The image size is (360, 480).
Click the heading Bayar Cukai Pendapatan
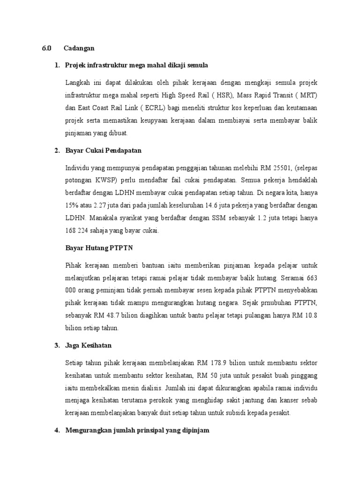click(x=103, y=150)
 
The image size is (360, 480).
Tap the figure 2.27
click(x=99, y=205)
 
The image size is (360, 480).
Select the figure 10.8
click(x=310, y=315)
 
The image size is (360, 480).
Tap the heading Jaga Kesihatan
click(x=89, y=345)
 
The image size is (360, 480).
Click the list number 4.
click(x=57, y=430)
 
